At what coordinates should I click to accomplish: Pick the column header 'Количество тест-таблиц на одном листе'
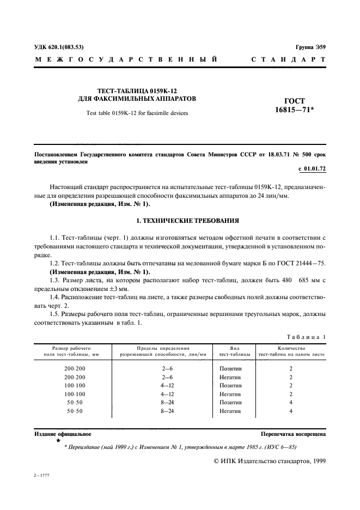[x=291, y=351]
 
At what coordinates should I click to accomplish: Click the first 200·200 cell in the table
[x=75, y=368]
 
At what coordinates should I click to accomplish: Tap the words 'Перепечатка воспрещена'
[x=293, y=434]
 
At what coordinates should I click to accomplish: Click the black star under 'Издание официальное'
[x=58, y=440]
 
